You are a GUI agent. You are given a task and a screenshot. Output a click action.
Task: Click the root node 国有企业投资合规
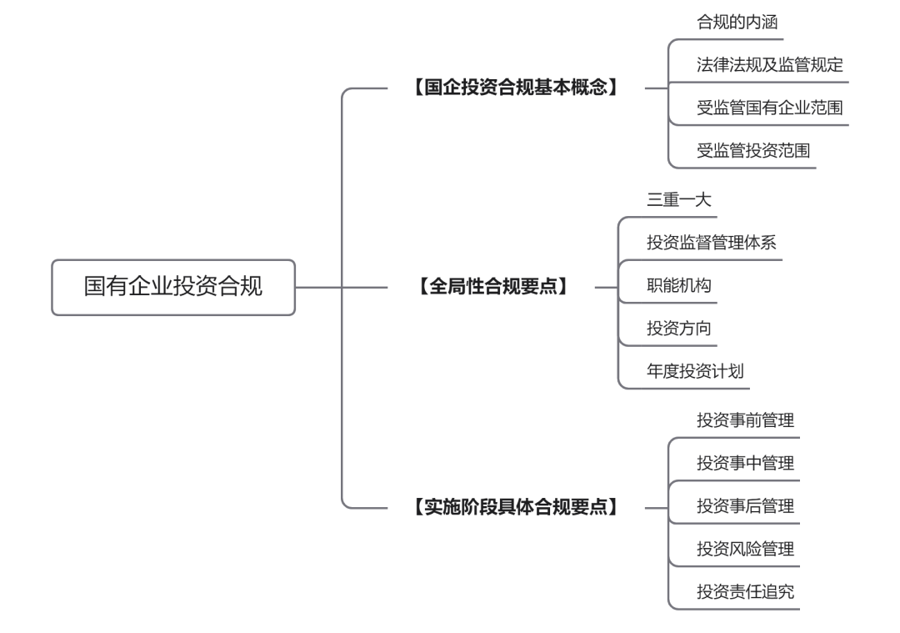click(x=173, y=287)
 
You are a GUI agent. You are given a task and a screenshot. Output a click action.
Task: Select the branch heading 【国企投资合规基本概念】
click(x=517, y=87)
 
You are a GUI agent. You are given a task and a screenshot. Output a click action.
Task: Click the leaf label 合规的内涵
click(x=737, y=23)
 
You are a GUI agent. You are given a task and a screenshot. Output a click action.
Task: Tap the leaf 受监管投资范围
click(x=753, y=151)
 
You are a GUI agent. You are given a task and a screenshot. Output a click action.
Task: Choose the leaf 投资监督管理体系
click(x=712, y=243)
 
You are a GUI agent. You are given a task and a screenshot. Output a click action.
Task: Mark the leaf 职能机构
click(x=679, y=286)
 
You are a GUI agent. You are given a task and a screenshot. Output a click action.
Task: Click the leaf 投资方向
click(x=679, y=329)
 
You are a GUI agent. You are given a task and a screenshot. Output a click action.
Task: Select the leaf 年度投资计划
click(x=695, y=372)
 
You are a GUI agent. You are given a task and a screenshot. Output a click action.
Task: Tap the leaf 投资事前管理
click(x=745, y=420)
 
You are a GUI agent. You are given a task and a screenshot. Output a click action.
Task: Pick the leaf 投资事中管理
click(x=745, y=464)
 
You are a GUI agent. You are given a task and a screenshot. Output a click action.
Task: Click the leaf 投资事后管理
click(x=745, y=506)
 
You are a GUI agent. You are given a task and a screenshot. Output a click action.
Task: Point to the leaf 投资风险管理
click(x=745, y=550)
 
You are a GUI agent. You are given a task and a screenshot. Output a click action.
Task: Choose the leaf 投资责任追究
click(x=745, y=593)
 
